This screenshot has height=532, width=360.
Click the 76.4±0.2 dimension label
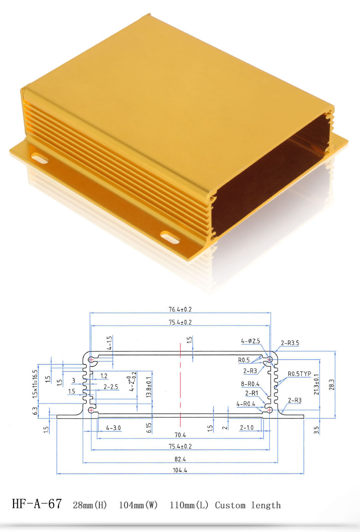coord(180,309)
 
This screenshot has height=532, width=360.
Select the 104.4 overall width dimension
coord(180,470)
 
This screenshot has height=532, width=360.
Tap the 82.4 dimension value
coord(180,459)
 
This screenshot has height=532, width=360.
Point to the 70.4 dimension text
coord(180,434)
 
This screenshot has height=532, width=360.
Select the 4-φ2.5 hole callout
coord(251,341)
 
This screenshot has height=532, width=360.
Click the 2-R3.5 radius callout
coord(290,343)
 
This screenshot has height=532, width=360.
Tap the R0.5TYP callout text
coord(299,374)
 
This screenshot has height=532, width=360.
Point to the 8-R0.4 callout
coord(250,384)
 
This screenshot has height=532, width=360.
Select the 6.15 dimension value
coord(149,427)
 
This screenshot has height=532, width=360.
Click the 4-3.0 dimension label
coord(113,428)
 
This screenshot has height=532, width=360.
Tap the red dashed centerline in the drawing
coord(180,383)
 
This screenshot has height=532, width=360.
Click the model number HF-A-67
coord(36,504)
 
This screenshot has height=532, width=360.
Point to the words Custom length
coord(248,505)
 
